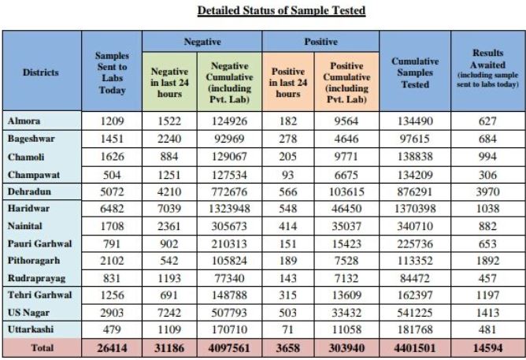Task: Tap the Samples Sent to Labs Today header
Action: [111, 72]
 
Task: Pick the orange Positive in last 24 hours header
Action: [287, 82]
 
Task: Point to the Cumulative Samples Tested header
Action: [415, 72]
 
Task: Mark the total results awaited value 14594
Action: [487, 347]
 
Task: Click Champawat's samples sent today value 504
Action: [113, 173]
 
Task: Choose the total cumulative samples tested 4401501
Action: [415, 347]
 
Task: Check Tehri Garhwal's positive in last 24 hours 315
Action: [287, 294]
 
